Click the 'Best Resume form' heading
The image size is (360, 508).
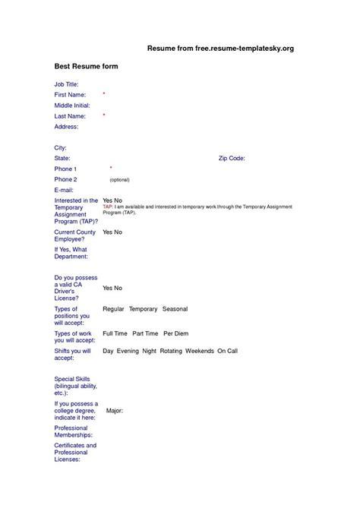point(87,67)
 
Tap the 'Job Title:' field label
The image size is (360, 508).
point(67,84)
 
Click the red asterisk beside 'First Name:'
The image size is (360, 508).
point(104,93)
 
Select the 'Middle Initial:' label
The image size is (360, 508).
point(73,105)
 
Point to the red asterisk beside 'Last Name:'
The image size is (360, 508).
point(104,115)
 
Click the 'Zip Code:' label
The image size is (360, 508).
point(232,158)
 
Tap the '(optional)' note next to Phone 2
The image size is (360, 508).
point(119,180)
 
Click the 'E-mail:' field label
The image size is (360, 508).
point(65,190)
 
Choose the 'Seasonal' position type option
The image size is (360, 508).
point(175,310)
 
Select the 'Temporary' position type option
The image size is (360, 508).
point(143,310)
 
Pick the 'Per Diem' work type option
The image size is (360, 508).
point(175,333)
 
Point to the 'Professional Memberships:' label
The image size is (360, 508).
point(73,431)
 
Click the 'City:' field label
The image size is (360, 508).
point(61,147)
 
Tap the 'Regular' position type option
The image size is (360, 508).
point(113,310)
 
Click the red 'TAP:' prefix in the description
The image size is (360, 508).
point(107,207)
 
